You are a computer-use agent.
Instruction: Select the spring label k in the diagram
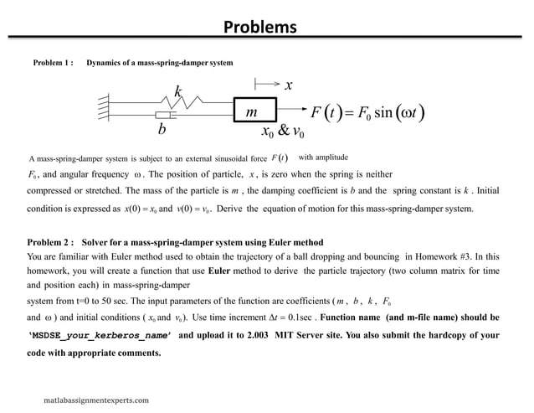pyautogui.click(x=177, y=90)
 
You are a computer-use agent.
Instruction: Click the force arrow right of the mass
pyautogui.click(x=290, y=109)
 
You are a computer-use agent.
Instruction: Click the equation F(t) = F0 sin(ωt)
pyautogui.click(x=369, y=111)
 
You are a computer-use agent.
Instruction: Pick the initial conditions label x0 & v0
pyautogui.click(x=284, y=133)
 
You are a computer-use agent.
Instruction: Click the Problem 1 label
pyautogui.click(x=54, y=64)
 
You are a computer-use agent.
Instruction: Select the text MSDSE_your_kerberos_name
pyautogui.click(x=100, y=334)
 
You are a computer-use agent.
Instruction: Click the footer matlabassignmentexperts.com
pyautogui.click(x=96, y=400)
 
